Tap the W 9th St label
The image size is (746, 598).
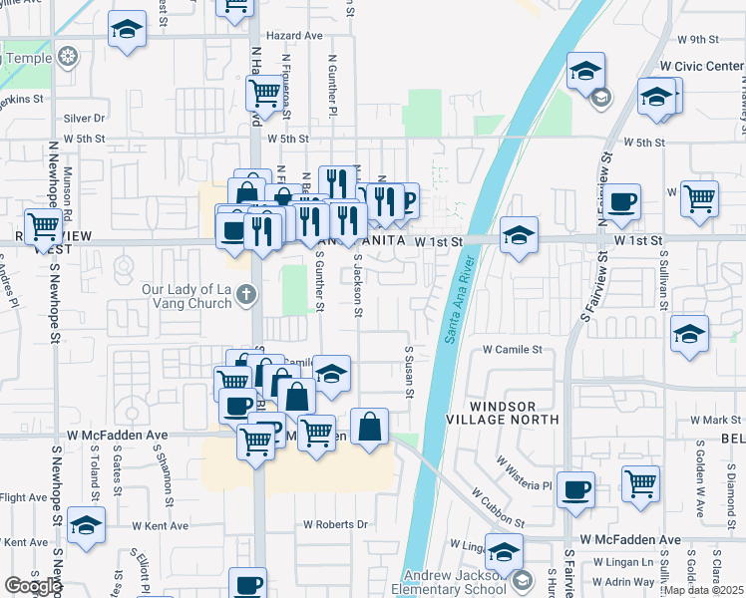click(697, 40)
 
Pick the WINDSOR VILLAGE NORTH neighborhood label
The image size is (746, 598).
click(516, 414)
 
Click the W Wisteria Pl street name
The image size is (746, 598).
click(525, 472)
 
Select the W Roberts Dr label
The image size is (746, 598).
click(335, 524)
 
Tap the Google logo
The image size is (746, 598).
click(33, 586)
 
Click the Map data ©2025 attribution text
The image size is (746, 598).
click(704, 590)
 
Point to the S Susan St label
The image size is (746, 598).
click(409, 372)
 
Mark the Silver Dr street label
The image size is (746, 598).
click(84, 118)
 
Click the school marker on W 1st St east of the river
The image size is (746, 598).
click(519, 236)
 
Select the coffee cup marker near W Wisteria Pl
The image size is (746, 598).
click(575, 490)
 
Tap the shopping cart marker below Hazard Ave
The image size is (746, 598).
click(264, 93)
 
